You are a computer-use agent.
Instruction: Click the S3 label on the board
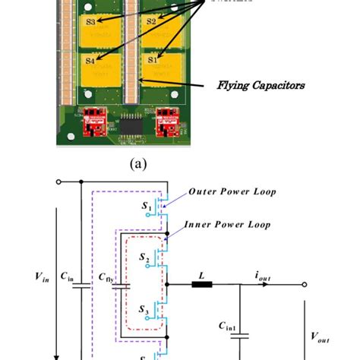pos(90,23)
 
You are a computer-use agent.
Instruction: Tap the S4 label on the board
pos(90,58)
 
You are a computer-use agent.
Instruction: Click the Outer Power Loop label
pos(232,192)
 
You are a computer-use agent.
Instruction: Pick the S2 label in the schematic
pos(146,258)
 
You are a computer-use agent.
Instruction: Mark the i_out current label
pos(264,276)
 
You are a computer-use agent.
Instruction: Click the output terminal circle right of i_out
pos(305,285)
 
